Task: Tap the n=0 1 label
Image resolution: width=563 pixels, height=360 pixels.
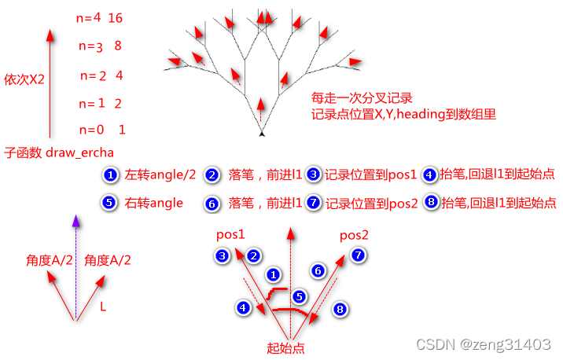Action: [103, 130]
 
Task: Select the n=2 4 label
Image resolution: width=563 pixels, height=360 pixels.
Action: [101, 76]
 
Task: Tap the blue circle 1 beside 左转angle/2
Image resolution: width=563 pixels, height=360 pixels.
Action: [111, 175]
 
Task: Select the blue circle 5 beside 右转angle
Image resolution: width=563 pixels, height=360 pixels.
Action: [111, 202]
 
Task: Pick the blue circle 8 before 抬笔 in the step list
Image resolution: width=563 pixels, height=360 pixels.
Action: [429, 202]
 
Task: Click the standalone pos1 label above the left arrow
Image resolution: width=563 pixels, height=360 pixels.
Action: [230, 234]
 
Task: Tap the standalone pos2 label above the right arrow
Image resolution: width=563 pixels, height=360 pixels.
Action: [354, 235]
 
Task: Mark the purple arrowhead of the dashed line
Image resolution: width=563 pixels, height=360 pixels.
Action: [75, 222]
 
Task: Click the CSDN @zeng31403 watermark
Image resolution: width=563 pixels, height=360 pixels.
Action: [483, 344]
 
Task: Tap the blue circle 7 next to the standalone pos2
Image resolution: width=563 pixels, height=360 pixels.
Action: [359, 255]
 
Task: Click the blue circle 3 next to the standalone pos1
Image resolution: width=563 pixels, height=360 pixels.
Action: [223, 255]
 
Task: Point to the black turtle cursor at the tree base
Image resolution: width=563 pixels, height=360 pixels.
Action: [261, 134]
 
